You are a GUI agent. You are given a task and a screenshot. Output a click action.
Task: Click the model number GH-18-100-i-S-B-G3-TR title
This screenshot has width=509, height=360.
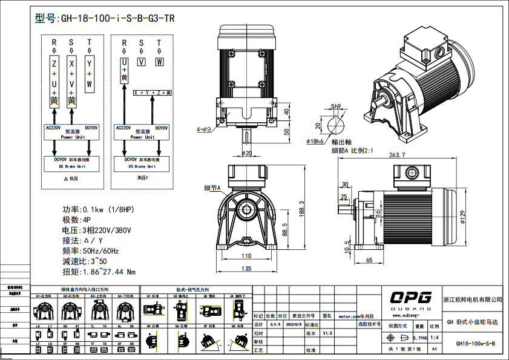click(x=105, y=18)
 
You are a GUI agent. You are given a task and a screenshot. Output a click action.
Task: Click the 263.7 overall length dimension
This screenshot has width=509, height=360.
click(x=397, y=155)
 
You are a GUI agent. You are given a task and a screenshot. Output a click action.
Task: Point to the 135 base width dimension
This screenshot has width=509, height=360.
click(x=246, y=269)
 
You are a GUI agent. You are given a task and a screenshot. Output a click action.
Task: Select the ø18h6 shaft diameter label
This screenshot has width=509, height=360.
click(x=317, y=141)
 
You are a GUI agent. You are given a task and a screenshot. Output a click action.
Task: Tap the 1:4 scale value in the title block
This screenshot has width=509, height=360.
click(x=434, y=337)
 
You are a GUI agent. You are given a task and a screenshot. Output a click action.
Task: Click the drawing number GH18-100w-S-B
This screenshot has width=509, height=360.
click(x=475, y=344)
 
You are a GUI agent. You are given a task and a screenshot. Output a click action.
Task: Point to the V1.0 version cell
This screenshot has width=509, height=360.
click(x=327, y=333)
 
